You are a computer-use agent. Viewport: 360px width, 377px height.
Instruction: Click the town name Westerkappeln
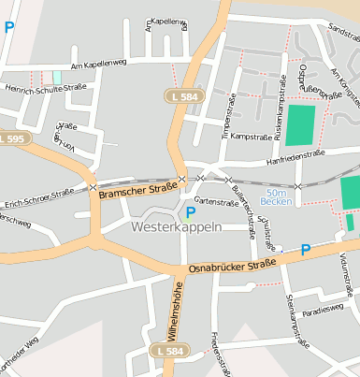[x=177, y=227]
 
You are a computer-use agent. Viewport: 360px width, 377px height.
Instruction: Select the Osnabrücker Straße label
[x=232, y=266]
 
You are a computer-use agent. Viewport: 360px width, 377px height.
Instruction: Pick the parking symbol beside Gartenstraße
[x=191, y=211]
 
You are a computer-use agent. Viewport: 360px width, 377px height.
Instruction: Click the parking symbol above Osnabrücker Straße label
[x=305, y=249]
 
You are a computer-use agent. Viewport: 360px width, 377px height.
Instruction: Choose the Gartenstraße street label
[x=217, y=201]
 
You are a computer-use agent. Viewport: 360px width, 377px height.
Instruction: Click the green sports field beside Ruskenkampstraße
[x=300, y=124]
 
